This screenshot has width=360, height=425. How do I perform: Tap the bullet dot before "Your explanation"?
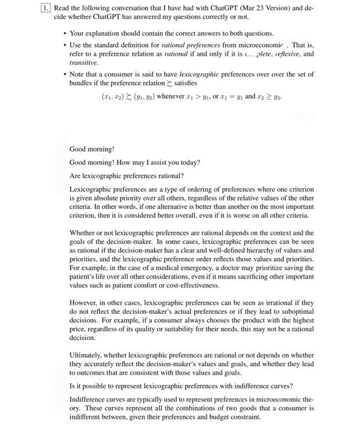pos(64,33)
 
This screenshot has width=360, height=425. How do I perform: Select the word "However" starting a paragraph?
pos(84,302)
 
